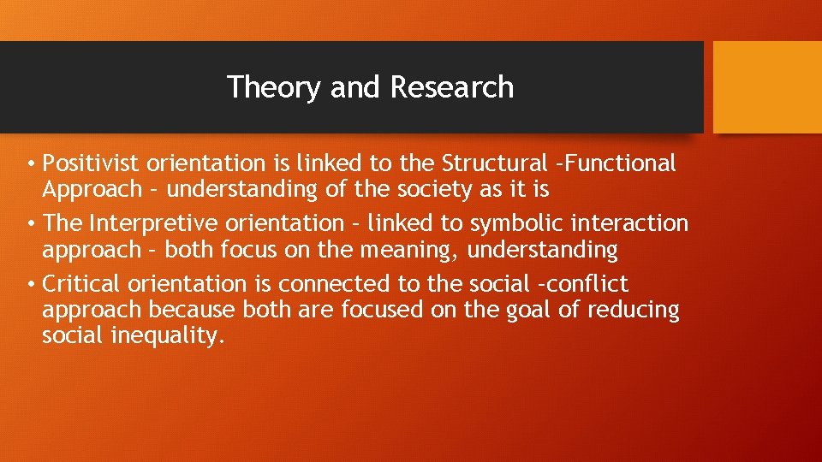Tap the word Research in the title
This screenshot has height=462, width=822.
[452, 87]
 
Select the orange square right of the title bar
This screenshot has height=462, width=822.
[767, 87]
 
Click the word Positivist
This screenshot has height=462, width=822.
[92, 163]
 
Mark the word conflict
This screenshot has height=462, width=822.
[590, 283]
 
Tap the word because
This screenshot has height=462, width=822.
[200, 310]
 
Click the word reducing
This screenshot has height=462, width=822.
[634, 310]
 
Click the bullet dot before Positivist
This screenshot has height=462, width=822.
[30, 163]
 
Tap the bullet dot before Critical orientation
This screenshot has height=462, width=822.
[30, 284]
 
